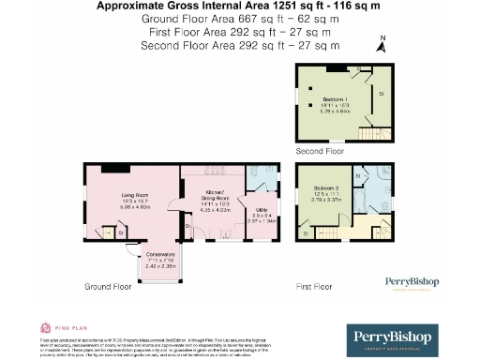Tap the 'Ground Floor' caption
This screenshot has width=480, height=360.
tap(109, 286)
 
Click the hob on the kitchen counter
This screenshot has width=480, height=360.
tap(196, 172)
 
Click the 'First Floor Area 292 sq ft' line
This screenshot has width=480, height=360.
tap(239, 30)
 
